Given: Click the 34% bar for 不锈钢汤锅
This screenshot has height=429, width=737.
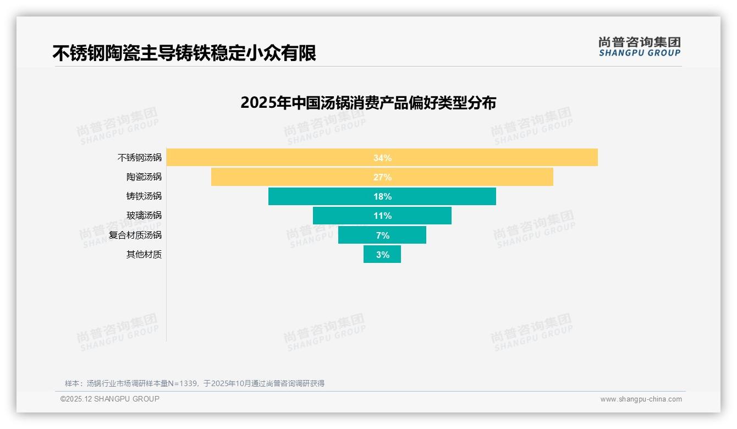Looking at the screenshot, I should [495, 158].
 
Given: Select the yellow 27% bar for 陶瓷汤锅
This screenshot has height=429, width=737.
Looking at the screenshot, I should [468, 177].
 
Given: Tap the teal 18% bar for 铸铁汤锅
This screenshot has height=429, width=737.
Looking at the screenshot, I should [440, 196].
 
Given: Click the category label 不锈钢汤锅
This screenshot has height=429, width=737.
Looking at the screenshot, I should [140, 158].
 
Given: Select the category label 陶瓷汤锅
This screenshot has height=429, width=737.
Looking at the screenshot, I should [144, 177].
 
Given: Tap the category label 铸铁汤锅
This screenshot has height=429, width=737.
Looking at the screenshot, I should [144, 196].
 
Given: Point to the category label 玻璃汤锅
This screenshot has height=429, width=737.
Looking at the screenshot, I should [144, 216].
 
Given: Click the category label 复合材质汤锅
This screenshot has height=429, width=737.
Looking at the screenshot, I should [135, 235].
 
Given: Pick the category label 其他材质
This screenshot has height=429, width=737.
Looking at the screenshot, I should [144, 255].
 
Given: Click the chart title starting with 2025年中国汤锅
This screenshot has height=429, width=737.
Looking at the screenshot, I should [368, 103].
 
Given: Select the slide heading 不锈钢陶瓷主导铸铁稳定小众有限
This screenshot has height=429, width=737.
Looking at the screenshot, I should [184, 53].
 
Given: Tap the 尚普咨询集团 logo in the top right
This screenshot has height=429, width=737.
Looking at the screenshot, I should [639, 47].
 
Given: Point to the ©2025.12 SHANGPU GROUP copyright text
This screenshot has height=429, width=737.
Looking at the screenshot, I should [109, 399].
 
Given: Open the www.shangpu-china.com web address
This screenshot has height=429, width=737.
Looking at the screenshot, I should [641, 399].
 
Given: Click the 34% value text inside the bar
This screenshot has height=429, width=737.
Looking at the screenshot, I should [382, 158].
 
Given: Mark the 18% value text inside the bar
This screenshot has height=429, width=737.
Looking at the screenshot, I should [382, 196].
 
